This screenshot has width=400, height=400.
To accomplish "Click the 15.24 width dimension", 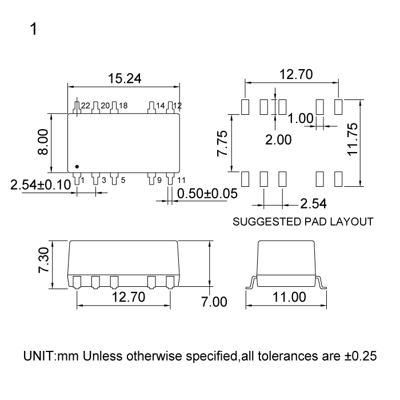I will pyautogui.click(x=125, y=78).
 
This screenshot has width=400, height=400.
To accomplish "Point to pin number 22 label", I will pyautogui.click(x=86, y=106).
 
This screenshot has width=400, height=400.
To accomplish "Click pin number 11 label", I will pyautogui.click(x=181, y=181).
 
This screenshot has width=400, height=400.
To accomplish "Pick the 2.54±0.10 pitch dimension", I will pyautogui.click(x=41, y=184).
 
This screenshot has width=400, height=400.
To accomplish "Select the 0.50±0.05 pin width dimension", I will pyautogui.click(x=207, y=193).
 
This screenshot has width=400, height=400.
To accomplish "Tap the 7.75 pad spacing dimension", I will pyautogui.click(x=222, y=142).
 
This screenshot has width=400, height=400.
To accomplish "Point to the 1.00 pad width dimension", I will pyautogui.click(x=301, y=119).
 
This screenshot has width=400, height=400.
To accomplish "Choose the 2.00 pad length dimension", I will pyautogui.click(x=278, y=139).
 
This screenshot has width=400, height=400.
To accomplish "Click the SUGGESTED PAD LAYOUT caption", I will pyautogui.click(x=303, y=221).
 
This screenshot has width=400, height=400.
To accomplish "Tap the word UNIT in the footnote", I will pyautogui.click(x=39, y=356).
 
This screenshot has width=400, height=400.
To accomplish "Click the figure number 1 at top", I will pyautogui.click(x=34, y=29).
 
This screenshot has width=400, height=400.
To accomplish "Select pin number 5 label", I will pyautogui.click(x=123, y=181).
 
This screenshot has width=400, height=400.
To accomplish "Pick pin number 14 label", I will pyautogui.click(x=160, y=106).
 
